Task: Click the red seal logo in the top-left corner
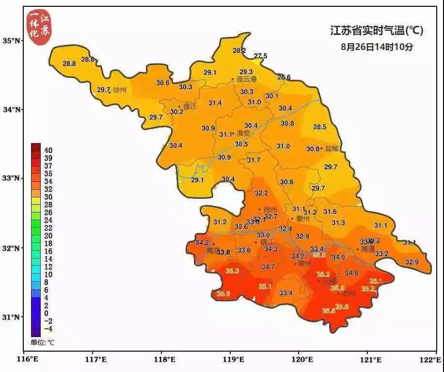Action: [38, 28]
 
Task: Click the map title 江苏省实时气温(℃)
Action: [377, 31]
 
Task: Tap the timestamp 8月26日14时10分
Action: [377, 48]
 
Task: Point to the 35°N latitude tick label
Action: [12, 40]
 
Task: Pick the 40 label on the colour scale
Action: [48, 150]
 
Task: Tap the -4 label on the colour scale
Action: [48, 329]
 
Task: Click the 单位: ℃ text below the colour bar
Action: [43, 342]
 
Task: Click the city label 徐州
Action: [119, 90]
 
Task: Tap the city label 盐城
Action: [332, 149]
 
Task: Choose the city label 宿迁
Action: [190, 106]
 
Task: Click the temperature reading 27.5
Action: [261, 56]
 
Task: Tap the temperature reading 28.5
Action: [319, 127]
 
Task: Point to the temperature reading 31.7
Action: [254, 160]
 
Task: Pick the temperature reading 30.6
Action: [163, 83]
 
